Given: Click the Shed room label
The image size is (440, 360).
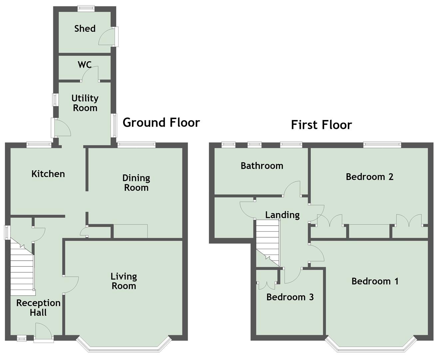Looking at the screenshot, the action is point(85,29).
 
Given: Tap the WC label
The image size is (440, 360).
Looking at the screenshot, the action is point(85,65).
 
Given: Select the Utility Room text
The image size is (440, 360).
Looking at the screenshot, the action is point(85,103).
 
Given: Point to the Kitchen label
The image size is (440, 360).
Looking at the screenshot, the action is point(48,174).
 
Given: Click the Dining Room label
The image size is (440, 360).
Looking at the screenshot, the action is point(136,183).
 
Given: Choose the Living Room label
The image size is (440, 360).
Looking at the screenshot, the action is point(124,281).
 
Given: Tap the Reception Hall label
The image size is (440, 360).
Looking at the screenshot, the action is point(38,308).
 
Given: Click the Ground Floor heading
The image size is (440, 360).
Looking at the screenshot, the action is point(161,122).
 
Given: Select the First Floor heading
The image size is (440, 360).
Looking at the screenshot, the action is point(321,125).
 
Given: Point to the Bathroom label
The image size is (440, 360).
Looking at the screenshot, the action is point(262,166).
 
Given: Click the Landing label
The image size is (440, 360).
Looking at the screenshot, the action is point(282,215).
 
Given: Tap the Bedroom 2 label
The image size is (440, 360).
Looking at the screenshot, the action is point(370,177).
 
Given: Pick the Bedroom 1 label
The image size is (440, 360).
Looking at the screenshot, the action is point(375,281).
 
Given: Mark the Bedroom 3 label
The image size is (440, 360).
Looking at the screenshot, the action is point(290,297).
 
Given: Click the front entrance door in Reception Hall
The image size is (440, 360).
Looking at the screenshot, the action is point(43,331).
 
